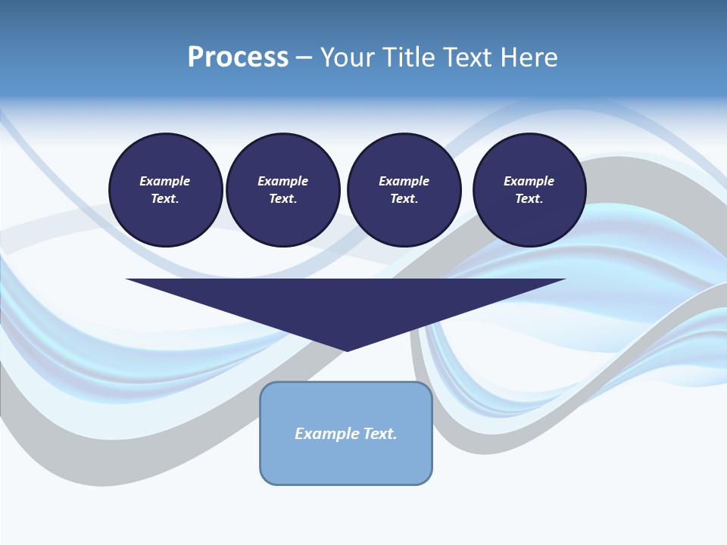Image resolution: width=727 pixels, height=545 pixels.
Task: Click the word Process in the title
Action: pos(238,58)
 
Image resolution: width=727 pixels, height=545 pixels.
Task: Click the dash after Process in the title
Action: pos(304,58)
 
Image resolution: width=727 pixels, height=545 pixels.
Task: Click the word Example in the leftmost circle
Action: pos(164,181)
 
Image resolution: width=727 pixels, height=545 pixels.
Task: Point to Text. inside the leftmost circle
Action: pos(164,198)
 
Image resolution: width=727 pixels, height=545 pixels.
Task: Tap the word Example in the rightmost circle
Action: pos(529,181)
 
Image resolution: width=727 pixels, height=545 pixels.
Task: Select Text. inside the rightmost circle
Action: pos(529,198)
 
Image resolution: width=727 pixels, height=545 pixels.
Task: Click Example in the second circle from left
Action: pos(282,181)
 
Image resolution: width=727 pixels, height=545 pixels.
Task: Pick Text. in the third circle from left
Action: pos(404,198)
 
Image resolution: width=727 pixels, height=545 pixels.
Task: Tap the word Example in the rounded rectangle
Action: pos(324,434)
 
